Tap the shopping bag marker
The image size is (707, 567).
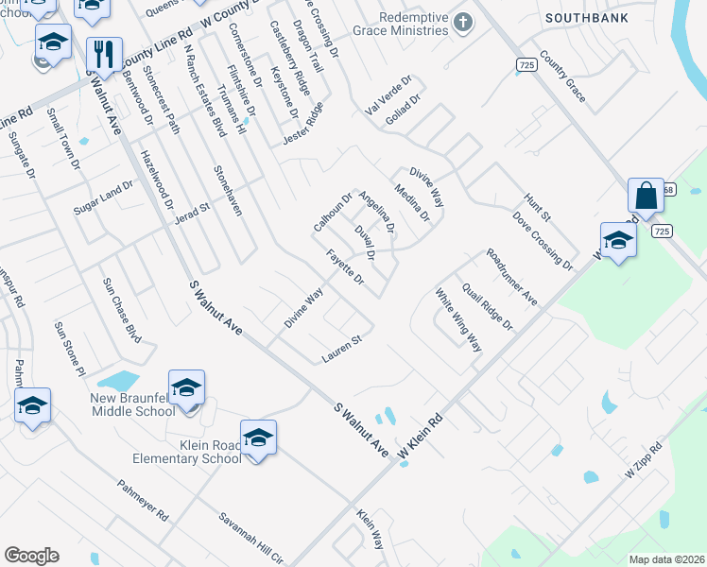point(647,197)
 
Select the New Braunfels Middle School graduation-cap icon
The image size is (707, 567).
point(186,387)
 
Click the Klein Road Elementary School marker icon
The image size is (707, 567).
point(258,438)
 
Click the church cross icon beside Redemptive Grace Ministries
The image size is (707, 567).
point(462,21)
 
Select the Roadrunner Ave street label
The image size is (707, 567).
point(511,277)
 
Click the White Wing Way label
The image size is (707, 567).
point(458,320)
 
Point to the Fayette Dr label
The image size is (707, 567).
point(345,267)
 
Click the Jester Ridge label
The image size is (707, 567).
point(302,125)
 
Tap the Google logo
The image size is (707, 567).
point(31,555)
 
